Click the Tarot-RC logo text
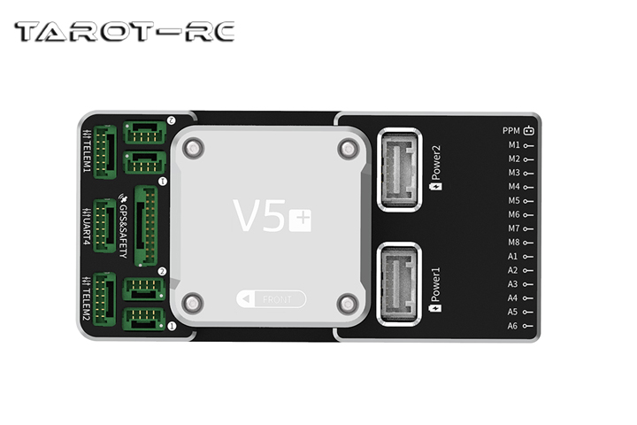[x=124, y=33]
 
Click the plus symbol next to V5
[x=300, y=219]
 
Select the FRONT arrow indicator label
[x=272, y=299]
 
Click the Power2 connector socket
[x=400, y=168]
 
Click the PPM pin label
[x=512, y=131]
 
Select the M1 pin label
[x=514, y=144]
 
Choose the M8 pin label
[x=514, y=243]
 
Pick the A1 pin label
[x=513, y=257]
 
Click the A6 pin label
[x=513, y=326]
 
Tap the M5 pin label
[x=514, y=201]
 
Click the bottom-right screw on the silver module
[x=347, y=304]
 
